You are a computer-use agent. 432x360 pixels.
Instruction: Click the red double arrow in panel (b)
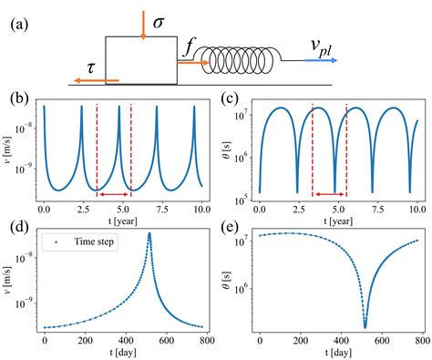[x=114, y=193]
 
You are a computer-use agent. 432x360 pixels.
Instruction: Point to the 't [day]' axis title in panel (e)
[x=337, y=352]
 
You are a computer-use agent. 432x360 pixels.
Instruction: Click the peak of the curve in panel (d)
[x=149, y=234]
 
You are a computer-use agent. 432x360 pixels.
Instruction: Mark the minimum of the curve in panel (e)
[x=365, y=326]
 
